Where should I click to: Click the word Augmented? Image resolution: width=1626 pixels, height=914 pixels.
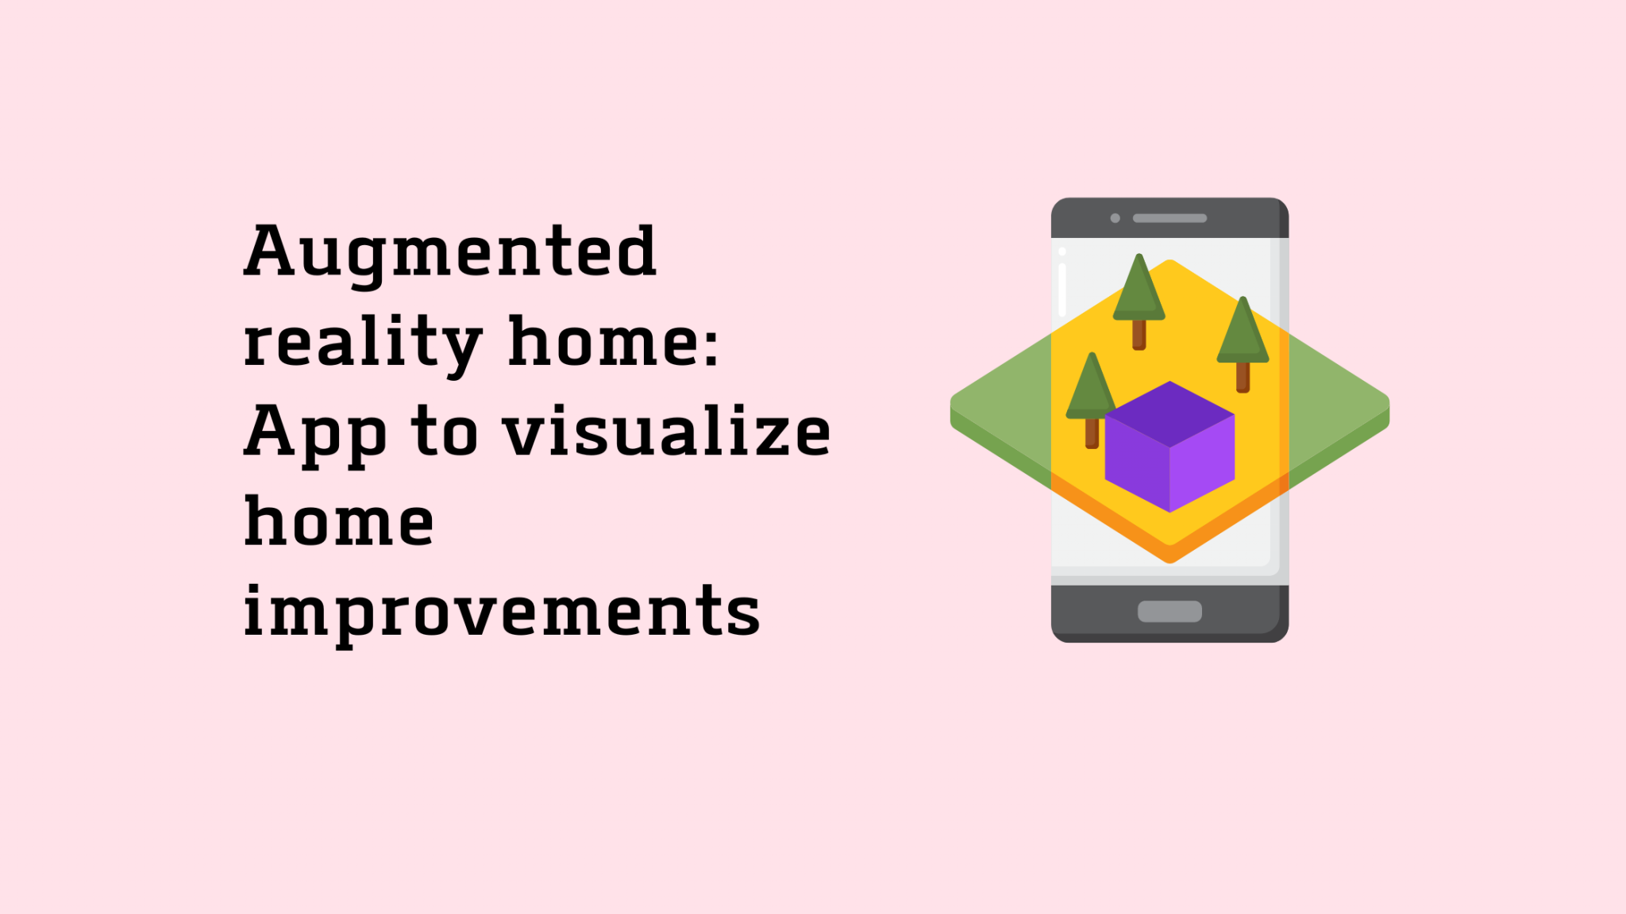click(450, 252)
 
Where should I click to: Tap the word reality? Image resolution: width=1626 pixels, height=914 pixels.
click(362, 343)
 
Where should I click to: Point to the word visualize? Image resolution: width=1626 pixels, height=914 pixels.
click(667, 432)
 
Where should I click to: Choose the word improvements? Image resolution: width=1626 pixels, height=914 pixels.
click(502, 613)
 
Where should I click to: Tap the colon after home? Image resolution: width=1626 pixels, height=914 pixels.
click(711, 346)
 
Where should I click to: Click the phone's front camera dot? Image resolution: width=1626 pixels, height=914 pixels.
click(1115, 218)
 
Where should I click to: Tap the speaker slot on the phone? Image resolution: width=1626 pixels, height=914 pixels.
click(1169, 218)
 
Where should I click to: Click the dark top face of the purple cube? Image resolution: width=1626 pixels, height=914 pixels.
click(1169, 414)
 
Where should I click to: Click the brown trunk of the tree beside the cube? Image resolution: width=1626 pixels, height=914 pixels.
click(1092, 433)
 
